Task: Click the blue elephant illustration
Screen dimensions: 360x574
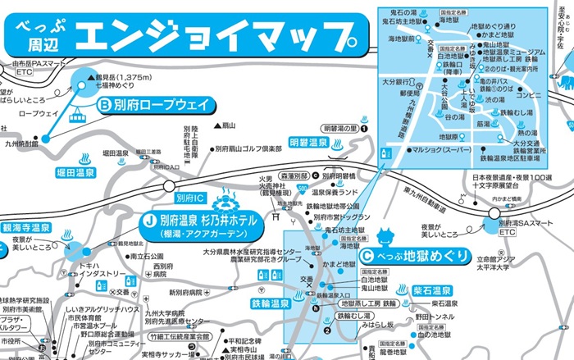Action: (x=564, y=83)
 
